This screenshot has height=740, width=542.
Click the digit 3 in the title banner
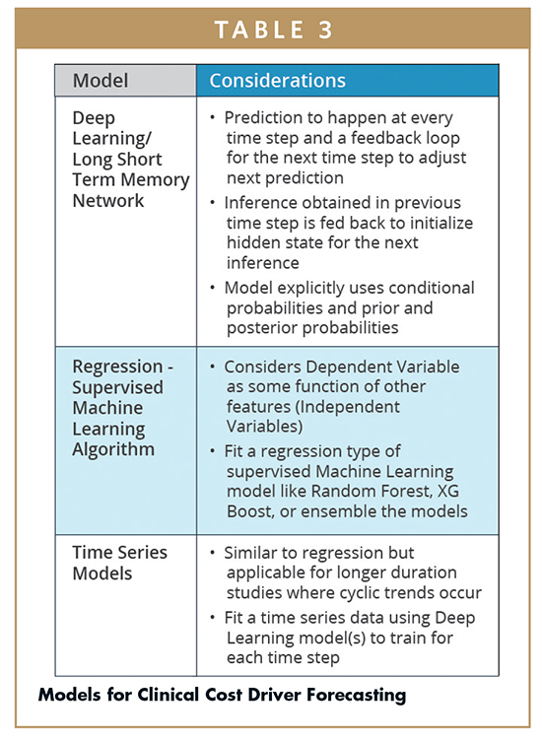[x=325, y=30]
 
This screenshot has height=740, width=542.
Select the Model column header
[x=101, y=80]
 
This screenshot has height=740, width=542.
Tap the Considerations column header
[x=278, y=80]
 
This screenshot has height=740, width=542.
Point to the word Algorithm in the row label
[x=113, y=449]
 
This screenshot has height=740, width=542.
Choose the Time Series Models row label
[x=119, y=563]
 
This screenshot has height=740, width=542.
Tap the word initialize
[x=440, y=223]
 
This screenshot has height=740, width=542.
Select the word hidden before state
[x=253, y=242]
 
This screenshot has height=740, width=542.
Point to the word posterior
[x=261, y=328]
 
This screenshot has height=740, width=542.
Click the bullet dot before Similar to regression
[x=213, y=553]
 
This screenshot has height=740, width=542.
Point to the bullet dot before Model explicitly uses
[x=213, y=288]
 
